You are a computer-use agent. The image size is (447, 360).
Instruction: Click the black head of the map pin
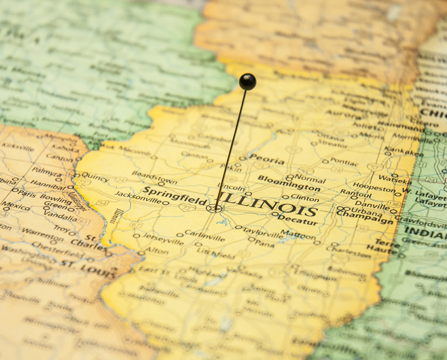pos(247,82)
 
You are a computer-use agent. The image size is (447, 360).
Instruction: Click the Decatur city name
pos(298,219)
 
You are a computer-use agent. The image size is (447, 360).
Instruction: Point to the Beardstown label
pos(154,175)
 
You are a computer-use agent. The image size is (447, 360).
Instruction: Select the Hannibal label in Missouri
pos(48,183)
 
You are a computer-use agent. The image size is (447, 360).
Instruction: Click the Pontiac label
pos(343,162)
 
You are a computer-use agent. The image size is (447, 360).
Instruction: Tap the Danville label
pos(372,204)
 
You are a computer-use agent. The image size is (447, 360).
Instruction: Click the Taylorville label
pos(262,231)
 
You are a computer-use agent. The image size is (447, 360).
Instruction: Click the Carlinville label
pos(204,235)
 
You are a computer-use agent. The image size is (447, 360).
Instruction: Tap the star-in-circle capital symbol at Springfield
pos(215,209)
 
